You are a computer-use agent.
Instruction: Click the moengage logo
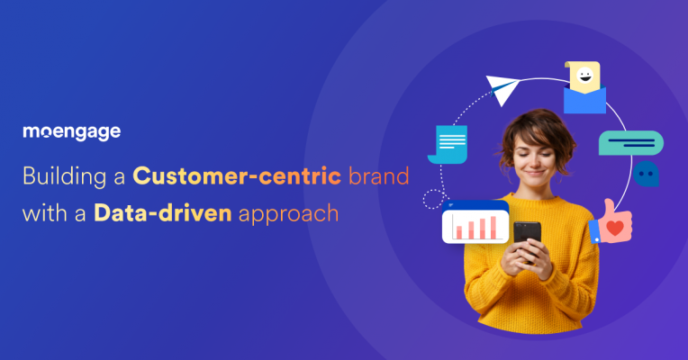[71, 132]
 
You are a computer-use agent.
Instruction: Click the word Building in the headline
[64, 176]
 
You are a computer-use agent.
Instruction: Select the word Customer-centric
[237, 175]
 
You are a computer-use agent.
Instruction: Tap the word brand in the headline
[378, 175]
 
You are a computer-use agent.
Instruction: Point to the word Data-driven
[163, 213]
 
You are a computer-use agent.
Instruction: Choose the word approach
[288, 215]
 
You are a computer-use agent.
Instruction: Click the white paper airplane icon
[502, 89]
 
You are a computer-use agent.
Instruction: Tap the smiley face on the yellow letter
[584, 76]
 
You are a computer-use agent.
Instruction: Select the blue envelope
[584, 101]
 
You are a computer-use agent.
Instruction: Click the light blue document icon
[448, 144]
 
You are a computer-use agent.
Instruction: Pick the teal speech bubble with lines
[631, 143]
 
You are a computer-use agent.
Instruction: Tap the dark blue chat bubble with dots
[646, 174]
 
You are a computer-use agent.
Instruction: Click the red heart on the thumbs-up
[615, 228]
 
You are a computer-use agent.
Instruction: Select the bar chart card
[475, 222]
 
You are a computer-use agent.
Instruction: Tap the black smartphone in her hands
[527, 239]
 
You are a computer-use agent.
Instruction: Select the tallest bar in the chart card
[493, 227]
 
